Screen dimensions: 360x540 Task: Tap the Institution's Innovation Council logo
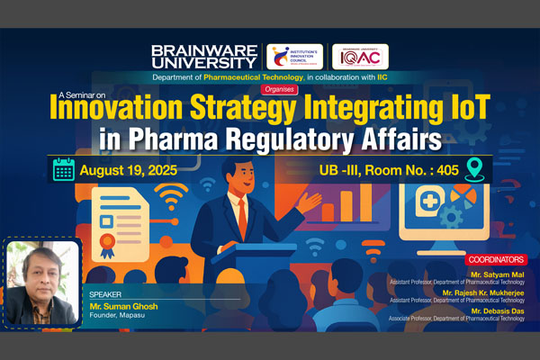click(296, 56)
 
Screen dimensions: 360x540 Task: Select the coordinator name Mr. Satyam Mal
click(499, 271)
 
